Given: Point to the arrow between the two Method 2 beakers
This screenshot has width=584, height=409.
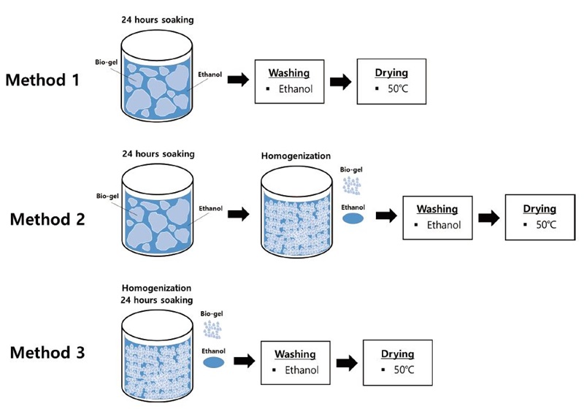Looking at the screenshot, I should pyautogui.click(x=238, y=216).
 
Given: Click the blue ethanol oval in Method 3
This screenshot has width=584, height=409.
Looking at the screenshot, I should pyautogui.click(x=213, y=363).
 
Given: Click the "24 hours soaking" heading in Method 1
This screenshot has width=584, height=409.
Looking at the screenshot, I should pyautogui.click(x=157, y=19).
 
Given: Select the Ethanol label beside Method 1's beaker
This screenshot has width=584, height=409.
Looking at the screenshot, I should pyautogui.click(x=210, y=74).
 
